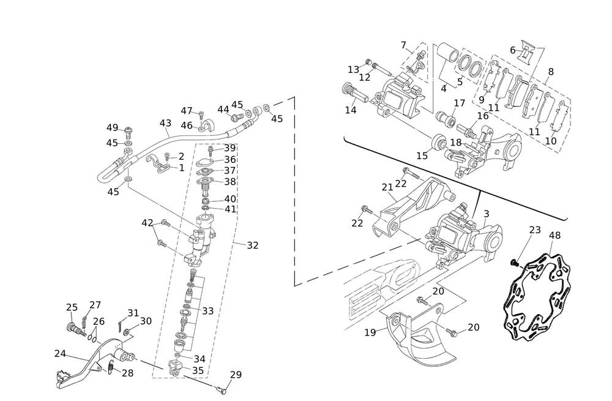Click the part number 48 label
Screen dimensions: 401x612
point(554,235)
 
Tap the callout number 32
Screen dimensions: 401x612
point(253,245)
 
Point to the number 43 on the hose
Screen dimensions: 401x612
point(165,123)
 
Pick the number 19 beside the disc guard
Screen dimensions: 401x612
point(370,332)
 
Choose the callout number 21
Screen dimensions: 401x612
point(387,187)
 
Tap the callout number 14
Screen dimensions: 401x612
point(350,110)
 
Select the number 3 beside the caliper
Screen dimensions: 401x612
point(486,214)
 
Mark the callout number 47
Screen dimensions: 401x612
point(187,111)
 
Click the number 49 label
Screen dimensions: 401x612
point(112,128)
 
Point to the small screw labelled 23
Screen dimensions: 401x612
point(514,263)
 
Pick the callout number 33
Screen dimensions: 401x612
point(207,311)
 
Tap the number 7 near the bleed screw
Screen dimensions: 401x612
point(404,45)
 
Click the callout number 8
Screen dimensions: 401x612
point(551,72)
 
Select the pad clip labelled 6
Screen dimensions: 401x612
point(525,53)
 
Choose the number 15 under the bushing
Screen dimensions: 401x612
point(422,156)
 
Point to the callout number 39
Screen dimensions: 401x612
point(229,148)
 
